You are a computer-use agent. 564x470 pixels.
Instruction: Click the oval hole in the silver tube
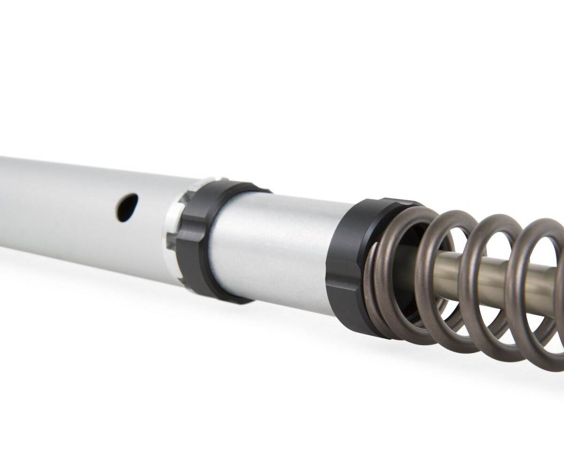[x=127, y=207]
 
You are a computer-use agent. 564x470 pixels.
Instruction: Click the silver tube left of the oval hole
[x=56, y=202]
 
